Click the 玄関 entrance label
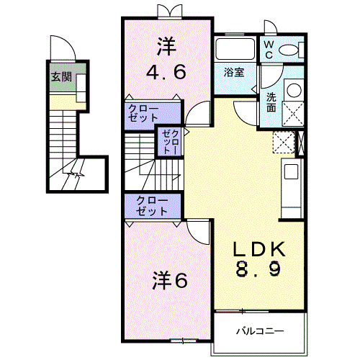(x=60, y=76)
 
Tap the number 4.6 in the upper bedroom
(x=167, y=72)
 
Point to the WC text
(x=268, y=48)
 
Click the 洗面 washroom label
(x=270, y=102)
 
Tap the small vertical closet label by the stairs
(x=168, y=142)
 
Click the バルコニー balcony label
(x=259, y=331)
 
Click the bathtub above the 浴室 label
(x=234, y=50)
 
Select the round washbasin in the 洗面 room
(x=293, y=91)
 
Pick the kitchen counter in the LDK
(x=291, y=180)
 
